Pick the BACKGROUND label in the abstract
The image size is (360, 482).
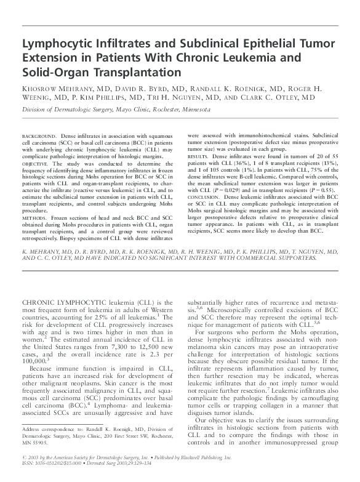tap(38, 134)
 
